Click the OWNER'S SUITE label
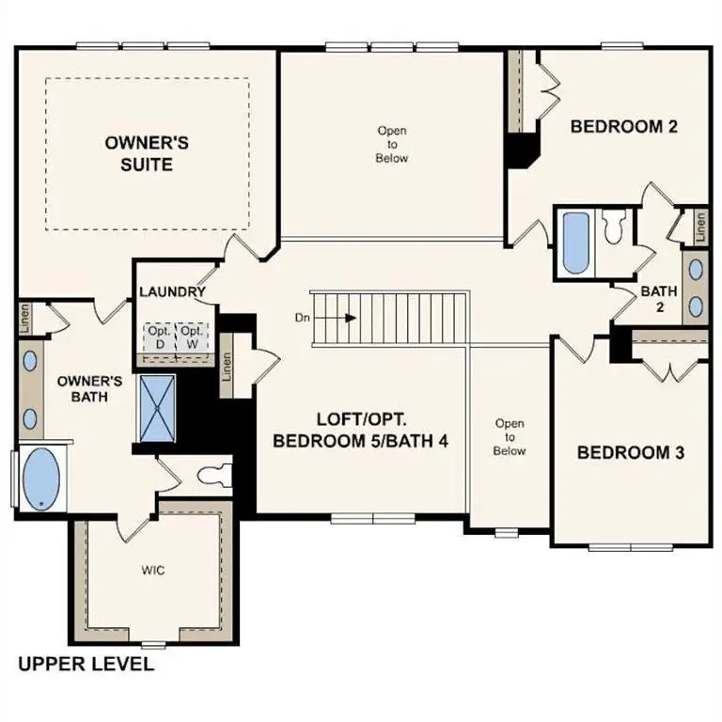(147, 153)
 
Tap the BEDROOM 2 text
(624, 127)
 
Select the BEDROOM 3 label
(630, 453)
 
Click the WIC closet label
(153, 570)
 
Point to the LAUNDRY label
(172, 292)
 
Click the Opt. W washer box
(192, 337)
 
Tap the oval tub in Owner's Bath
(39, 479)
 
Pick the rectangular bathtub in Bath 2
(574, 243)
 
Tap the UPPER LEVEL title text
(86, 665)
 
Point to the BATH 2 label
(658, 299)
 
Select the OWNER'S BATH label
(90, 388)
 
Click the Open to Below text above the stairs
(392, 145)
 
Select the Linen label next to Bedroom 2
(700, 224)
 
